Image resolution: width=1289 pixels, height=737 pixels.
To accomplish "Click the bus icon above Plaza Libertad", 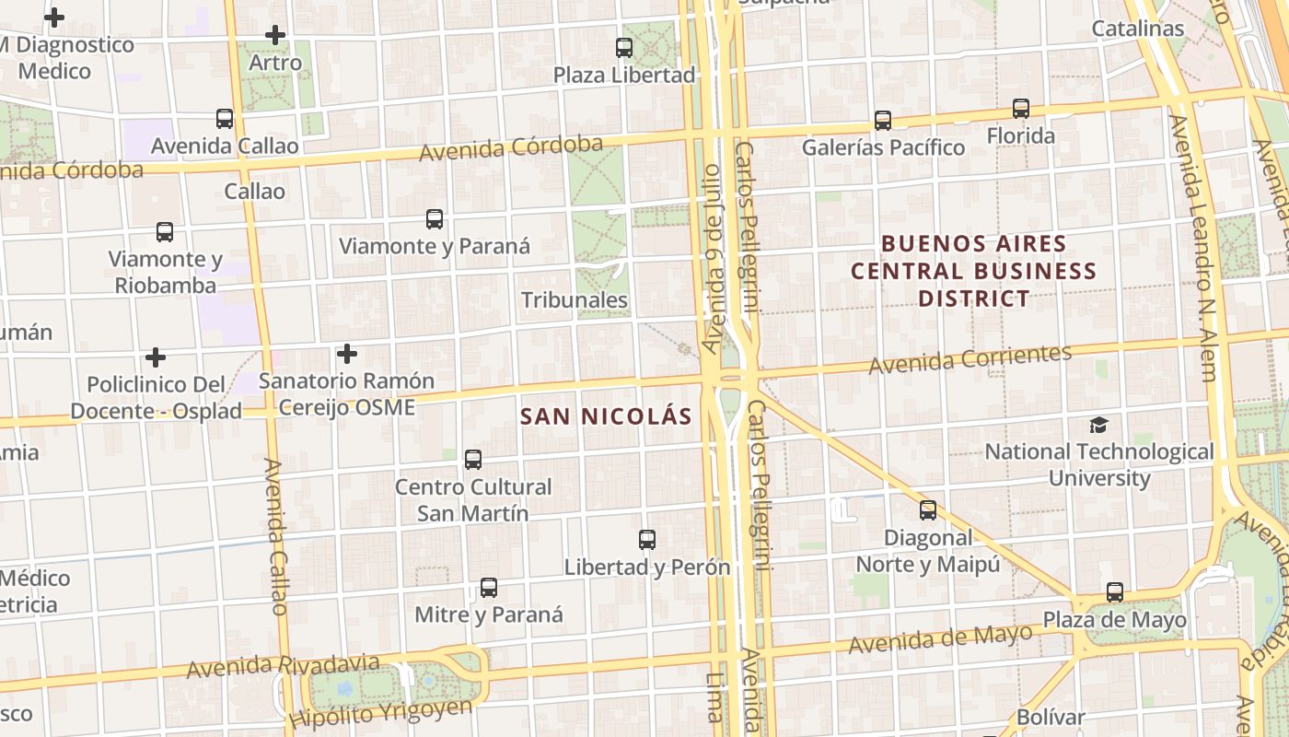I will (624, 48).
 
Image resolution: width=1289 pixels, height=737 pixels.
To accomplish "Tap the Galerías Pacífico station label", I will (883, 147).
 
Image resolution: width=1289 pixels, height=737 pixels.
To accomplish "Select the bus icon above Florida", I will (1020, 109).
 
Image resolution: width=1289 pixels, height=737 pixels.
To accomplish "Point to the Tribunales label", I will (575, 300).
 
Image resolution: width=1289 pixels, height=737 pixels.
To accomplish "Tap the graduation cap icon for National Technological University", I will (1098, 425).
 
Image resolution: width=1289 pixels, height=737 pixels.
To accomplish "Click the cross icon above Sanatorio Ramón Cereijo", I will (346, 353).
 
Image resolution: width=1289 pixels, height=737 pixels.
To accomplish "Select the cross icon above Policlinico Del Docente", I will (156, 357).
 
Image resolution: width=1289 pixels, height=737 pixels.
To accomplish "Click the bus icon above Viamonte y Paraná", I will (435, 219).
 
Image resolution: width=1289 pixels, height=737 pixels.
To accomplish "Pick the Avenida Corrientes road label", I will (970, 358).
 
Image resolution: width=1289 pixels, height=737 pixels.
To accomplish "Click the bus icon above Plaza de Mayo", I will (1114, 592).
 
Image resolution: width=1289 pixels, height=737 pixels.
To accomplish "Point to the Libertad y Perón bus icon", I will (647, 540).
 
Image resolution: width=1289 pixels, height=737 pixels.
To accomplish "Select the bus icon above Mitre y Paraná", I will (489, 588).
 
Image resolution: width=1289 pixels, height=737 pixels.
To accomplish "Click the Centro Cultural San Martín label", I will (473, 499).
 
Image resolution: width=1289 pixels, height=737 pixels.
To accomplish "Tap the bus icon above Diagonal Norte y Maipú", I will (928, 510).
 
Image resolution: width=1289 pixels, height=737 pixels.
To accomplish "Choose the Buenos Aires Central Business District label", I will (973, 271).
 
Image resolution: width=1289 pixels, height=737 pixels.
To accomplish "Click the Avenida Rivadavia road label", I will (283, 665).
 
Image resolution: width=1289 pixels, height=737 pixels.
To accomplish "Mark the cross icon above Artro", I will (274, 36).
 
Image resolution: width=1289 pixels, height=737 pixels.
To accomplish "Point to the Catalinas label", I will (1137, 29).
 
